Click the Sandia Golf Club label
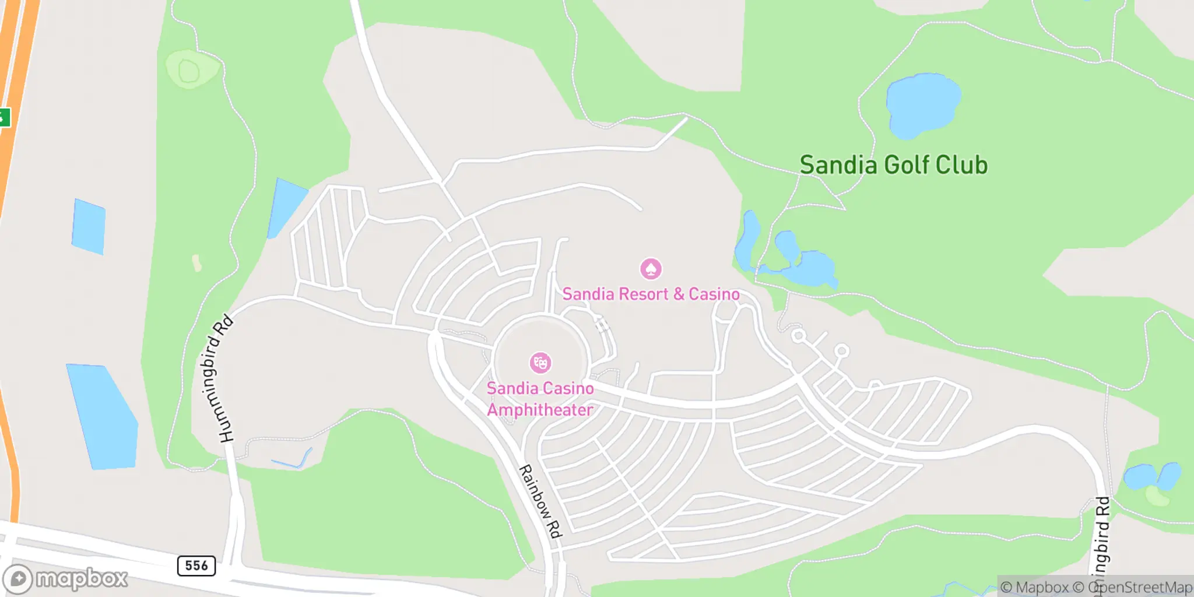point(893,166)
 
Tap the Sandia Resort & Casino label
point(651,294)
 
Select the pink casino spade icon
point(651,269)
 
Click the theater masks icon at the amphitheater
point(540,363)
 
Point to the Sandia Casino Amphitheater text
point(540,399)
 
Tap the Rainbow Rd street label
point(540,501)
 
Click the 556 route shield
point(196,566)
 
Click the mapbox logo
point(65,578)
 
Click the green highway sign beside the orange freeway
point(5,117)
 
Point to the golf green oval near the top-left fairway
point(190,70)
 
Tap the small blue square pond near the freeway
point(89,226)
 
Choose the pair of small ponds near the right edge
point(1151,476)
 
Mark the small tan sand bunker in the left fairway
point(197,263)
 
